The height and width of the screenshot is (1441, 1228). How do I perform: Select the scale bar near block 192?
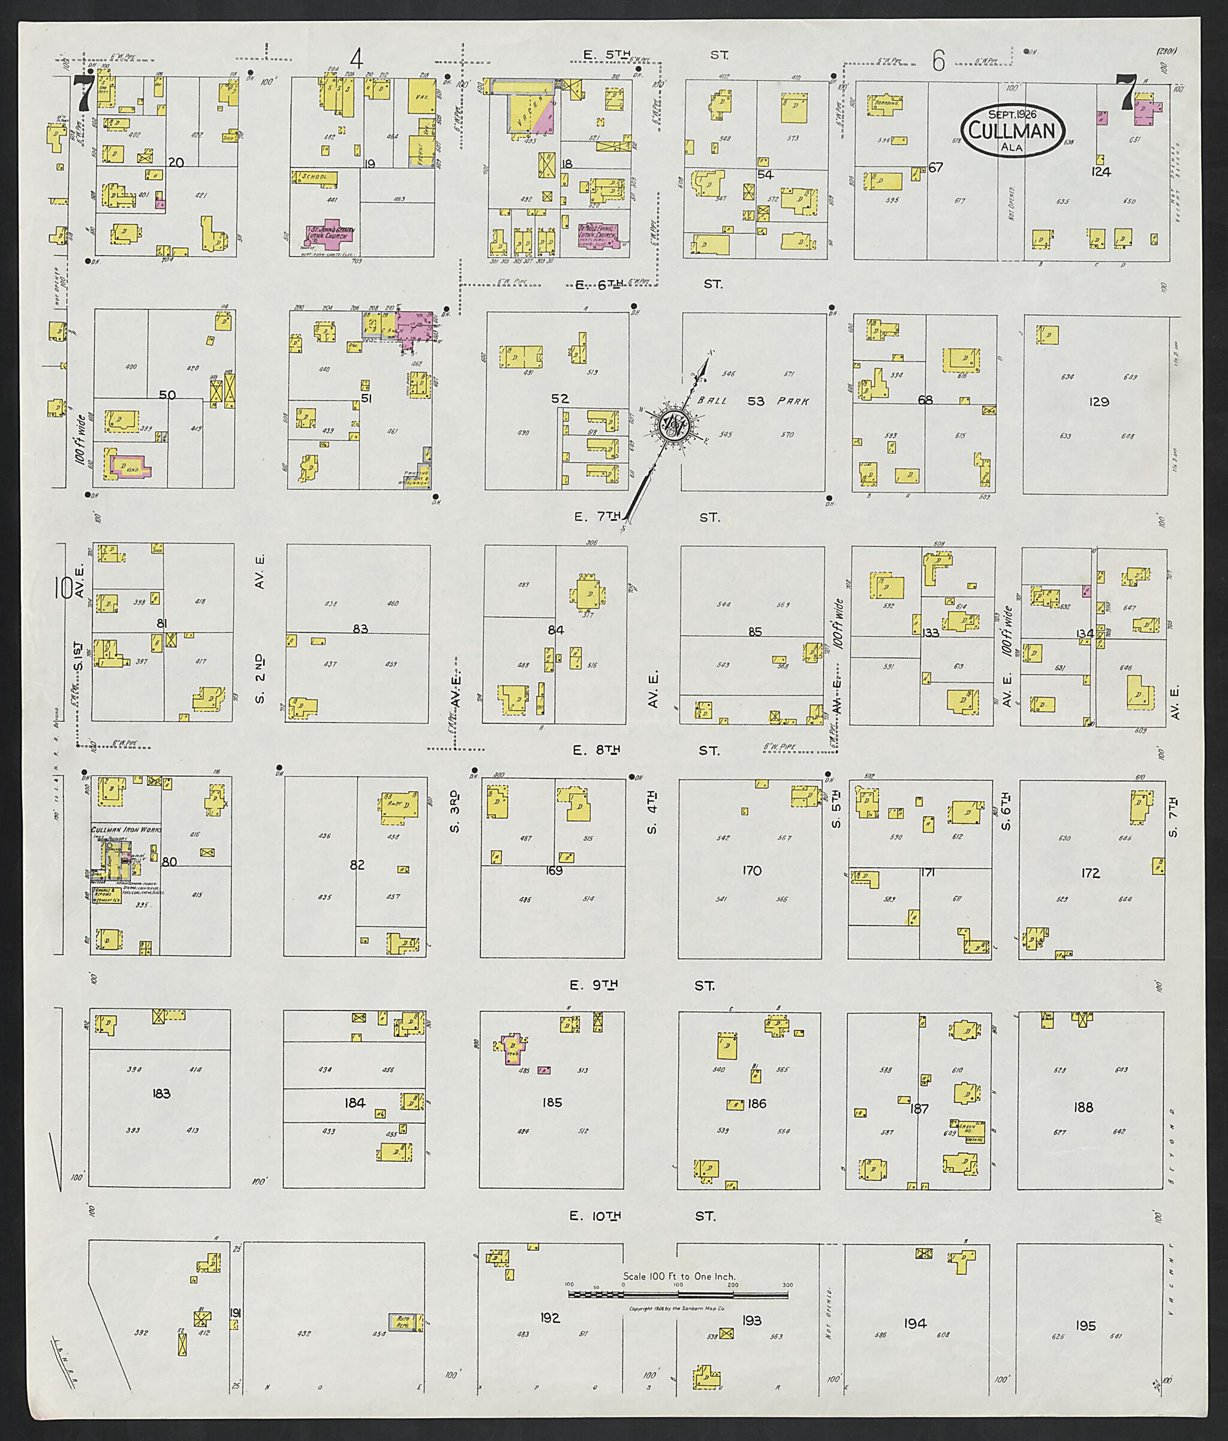click(x=679, y=1294)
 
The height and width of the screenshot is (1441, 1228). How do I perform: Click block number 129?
click(x=1098, y=402)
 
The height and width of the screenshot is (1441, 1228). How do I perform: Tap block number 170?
click(x=752, y=870)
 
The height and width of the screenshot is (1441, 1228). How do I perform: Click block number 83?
click(x=360, y=628)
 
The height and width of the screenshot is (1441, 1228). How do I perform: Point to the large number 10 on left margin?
click(x=64, y=588)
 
